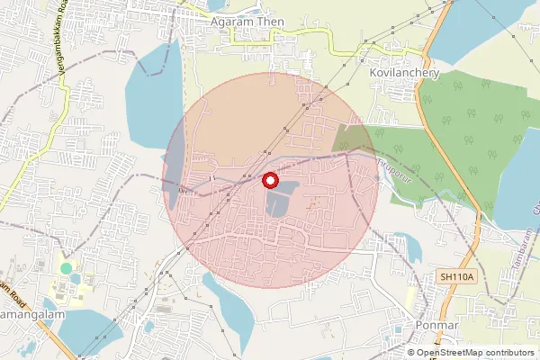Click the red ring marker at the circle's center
(269, 180)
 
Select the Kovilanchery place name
(403, 73)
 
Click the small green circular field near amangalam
(65, 268)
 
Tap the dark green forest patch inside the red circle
(355, 139)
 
